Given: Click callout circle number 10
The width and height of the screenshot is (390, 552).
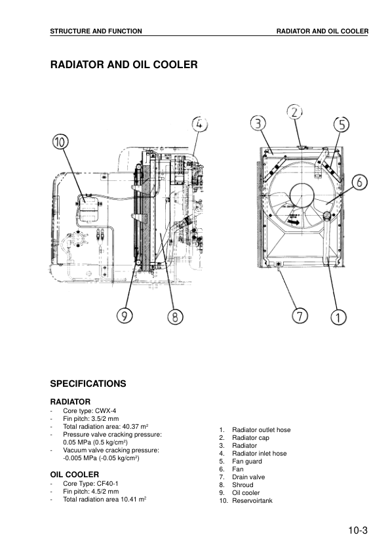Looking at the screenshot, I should tap(60, 142).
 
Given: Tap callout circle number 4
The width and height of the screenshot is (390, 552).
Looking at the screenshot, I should tap(201, 124).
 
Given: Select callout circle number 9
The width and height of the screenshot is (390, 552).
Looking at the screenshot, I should tap(125, 316).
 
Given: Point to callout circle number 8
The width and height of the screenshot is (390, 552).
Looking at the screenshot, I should tap(175, 317).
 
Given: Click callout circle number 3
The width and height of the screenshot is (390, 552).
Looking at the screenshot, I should tap(259, 123).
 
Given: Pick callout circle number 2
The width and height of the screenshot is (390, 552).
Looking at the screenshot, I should tap(296, 111).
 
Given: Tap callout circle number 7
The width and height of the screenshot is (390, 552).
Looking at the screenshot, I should tap(300, 316).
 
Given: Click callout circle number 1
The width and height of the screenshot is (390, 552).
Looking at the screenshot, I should tap(338, 318).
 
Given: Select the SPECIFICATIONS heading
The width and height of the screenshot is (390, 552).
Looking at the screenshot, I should tap(88, 384).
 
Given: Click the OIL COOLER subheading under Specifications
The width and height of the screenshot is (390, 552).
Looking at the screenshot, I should tap(75, 473).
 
